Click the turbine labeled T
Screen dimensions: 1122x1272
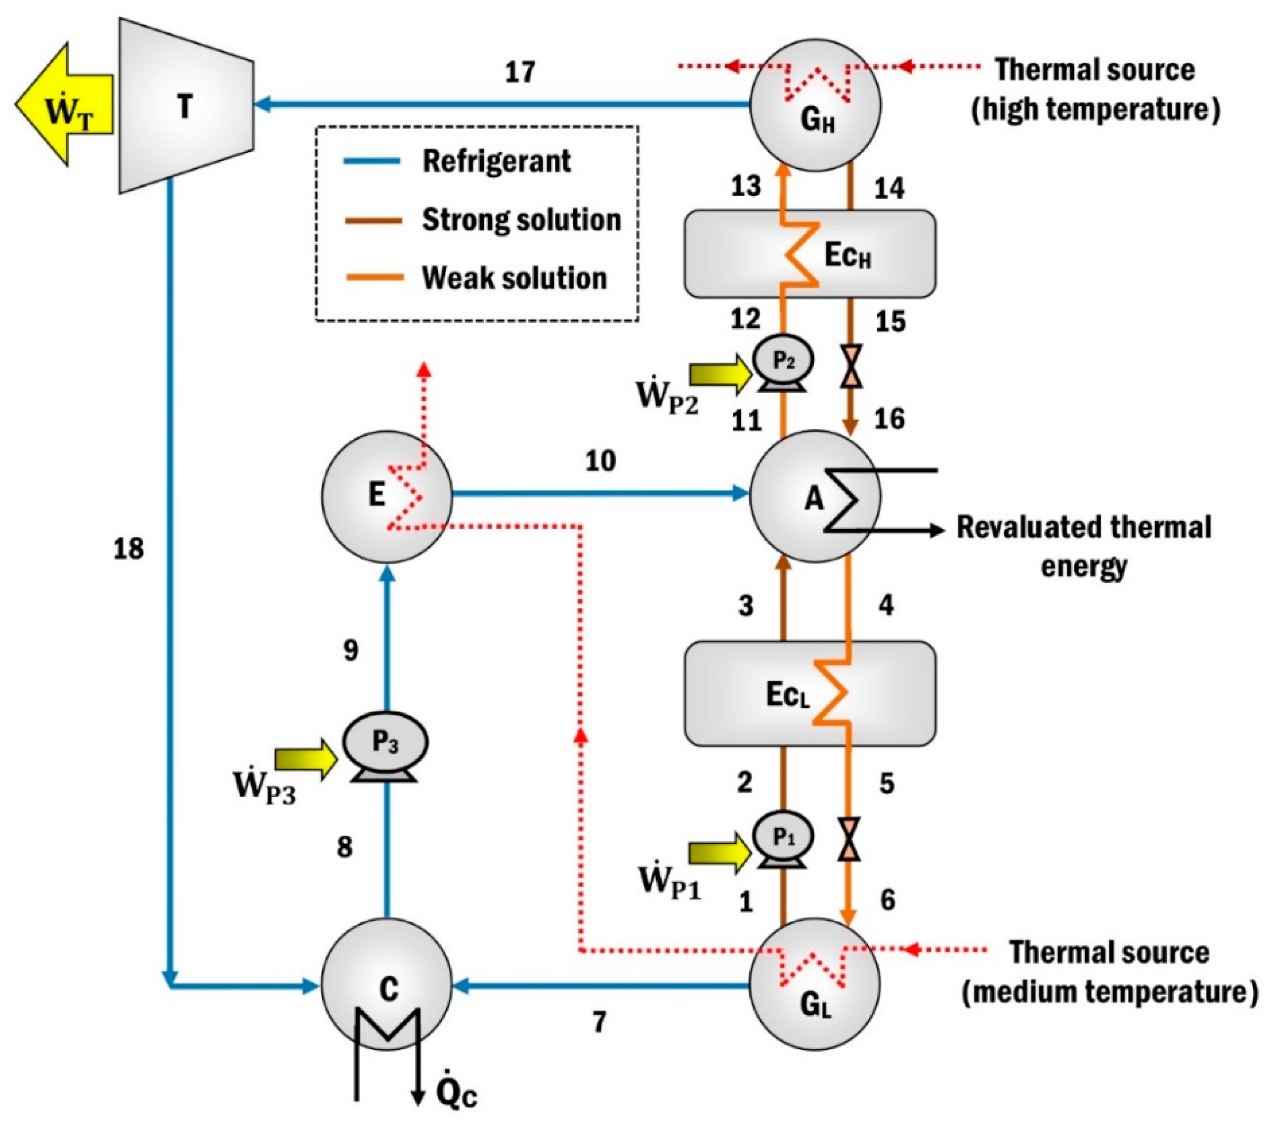(x=185, y=106)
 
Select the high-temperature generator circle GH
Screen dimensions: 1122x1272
(x=815, y=106)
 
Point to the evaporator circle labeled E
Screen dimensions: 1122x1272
(x=386, y=496)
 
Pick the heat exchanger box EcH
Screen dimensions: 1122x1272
(x=809, y=254)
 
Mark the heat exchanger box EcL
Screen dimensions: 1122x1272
(x=809, y=693)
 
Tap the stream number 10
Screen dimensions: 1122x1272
(x=600, y=461)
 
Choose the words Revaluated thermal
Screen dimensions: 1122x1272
(x=1083, y=527)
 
